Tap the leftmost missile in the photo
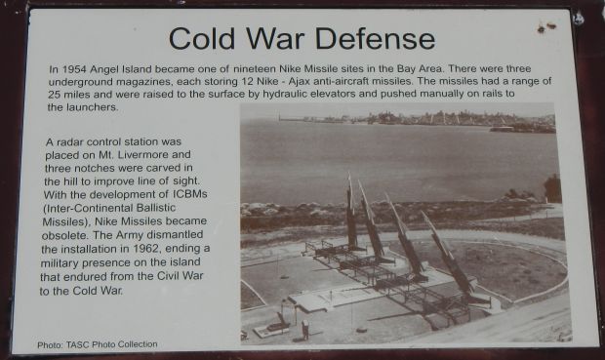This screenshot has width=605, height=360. pos(350,215)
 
